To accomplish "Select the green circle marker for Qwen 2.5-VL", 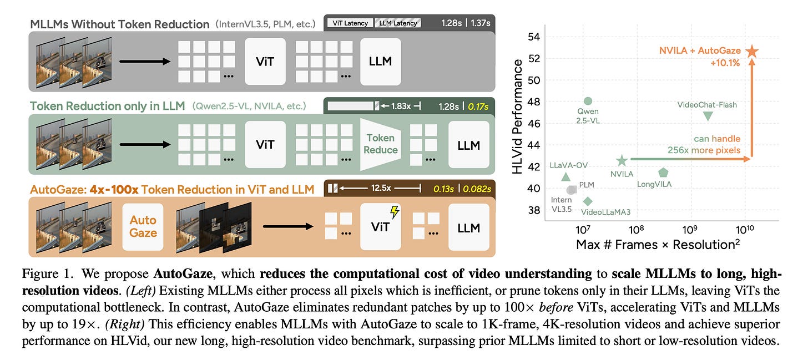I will [588, 101].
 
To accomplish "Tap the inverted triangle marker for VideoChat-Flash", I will [708, 116].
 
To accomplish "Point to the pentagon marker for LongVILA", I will [663, 173].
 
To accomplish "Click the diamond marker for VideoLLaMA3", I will [588, 201].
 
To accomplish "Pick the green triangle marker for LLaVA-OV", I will [565, 177].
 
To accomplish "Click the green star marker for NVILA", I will [622, 160].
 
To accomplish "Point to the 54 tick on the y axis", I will [533, 37].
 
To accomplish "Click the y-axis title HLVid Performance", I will [518, 116].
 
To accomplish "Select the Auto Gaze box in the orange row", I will [143, 226].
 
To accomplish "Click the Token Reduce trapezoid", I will [381, 144].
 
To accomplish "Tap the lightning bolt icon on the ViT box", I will [395, 212].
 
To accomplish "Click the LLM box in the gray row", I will [380, 61].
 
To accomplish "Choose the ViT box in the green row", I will [265, 145].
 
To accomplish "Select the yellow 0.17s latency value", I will [479, 105].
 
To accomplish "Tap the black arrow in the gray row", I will [144, 61].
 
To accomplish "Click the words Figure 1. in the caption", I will [44, 274].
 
